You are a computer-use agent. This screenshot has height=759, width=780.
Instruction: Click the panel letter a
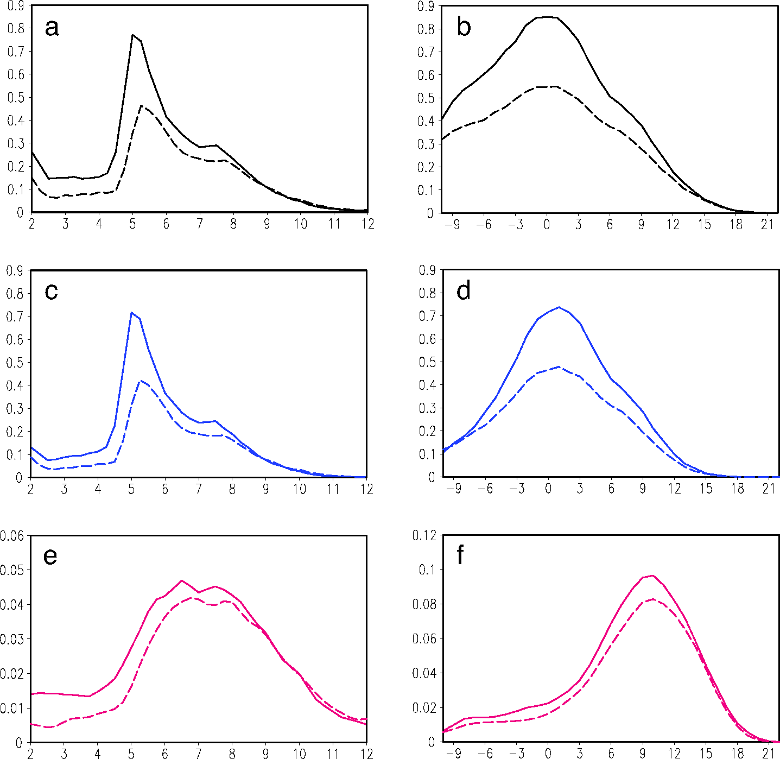click(52, 27)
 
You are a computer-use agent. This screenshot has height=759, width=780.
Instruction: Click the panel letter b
click(464, 27)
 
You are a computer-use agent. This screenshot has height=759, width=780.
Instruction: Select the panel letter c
click(51, 292)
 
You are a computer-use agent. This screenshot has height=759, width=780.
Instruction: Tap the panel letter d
click(464, 291)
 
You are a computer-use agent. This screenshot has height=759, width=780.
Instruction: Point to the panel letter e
click(50, 556)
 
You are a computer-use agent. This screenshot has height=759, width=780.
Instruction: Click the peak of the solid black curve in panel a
click(132, 35)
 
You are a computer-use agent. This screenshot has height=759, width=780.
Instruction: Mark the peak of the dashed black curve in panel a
click(141, 105)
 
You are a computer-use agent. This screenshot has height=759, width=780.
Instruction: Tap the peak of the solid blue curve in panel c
click(131, 312)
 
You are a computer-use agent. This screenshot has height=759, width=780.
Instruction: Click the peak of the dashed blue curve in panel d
click(559, 367)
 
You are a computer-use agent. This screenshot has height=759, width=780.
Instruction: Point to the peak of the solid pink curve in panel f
click(652, 575)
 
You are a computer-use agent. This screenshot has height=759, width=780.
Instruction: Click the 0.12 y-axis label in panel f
click(424, 536)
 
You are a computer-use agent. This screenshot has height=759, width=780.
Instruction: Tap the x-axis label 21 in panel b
click(767, 225)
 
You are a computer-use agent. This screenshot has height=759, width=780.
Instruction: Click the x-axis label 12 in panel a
click(367, 224)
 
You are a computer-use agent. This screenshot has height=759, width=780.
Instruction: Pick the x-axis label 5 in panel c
click(131, 489)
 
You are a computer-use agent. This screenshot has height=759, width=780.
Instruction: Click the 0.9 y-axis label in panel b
click(426, 7)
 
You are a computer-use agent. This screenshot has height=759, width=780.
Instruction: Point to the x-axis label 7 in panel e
click(199, 754)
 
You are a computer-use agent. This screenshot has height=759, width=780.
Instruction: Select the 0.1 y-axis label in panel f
click(427, 570)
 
